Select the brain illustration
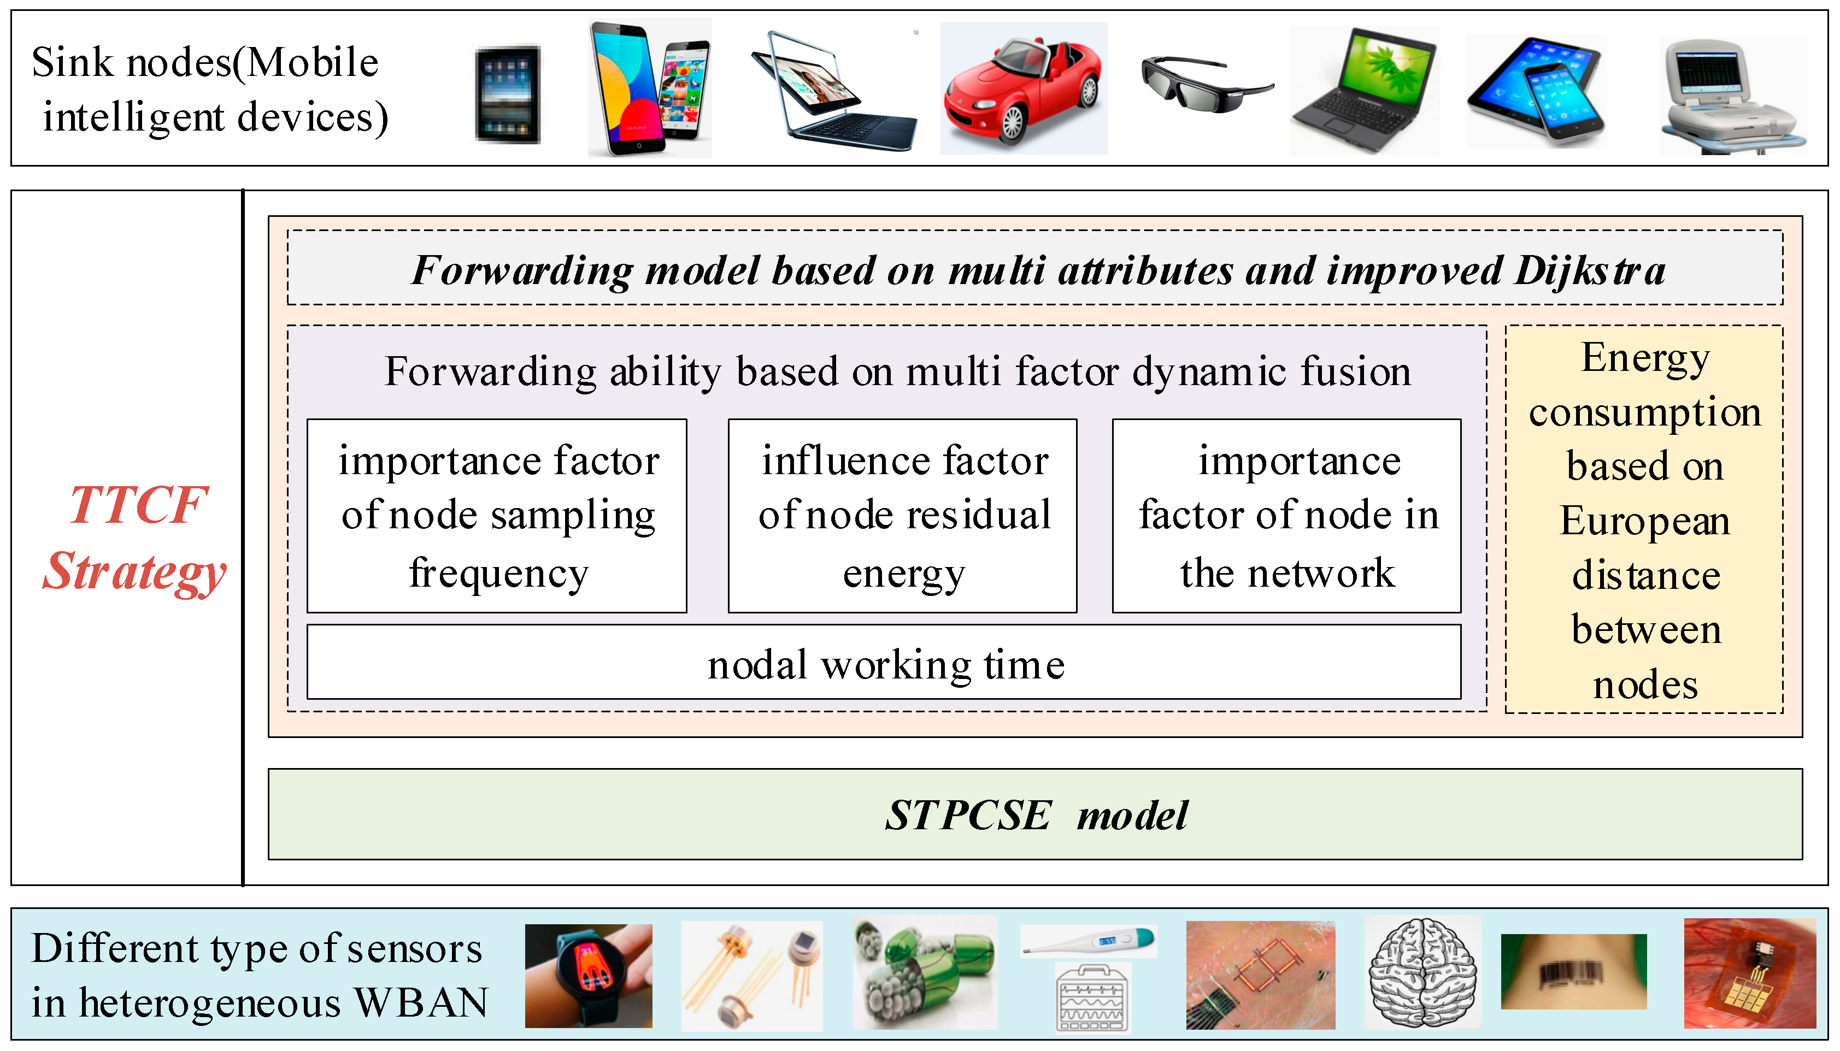[1422, 972]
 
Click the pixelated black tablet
[508, 95]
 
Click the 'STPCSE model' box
[1035, 815]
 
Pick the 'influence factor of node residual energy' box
[903, 516]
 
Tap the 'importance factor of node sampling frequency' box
[497, 516]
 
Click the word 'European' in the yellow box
[1644, 521]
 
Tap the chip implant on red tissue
[1749, 973]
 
